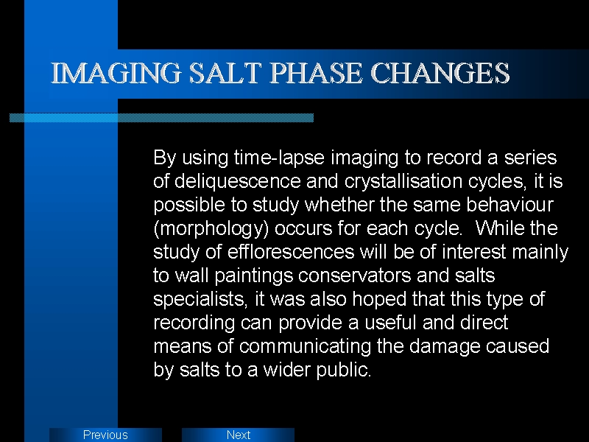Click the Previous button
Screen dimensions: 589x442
coord(105,435)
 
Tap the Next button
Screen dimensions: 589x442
coord(238,435)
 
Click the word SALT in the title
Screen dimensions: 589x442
coord(225,73)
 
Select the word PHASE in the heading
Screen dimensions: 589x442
coord(316,73)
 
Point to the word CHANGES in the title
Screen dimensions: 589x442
coord(440,73)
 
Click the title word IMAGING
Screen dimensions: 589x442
coord(116,73)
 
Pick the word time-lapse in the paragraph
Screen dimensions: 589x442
coord(279,158)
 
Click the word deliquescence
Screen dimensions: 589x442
coord(238,181)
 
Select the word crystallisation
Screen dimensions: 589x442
coord(403,181)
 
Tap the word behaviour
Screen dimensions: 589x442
coord(509,205)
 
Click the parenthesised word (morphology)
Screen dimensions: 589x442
coord(211,228)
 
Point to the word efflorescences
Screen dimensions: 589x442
coord(291,252)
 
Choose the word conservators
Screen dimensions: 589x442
coord(355,276)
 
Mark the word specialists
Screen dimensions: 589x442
coord(200,300)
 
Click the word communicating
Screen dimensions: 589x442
coord(305,346)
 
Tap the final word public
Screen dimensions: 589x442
coord(344,371)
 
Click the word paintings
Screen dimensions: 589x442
coord(253,276)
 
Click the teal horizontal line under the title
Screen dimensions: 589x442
coord(161,118)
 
